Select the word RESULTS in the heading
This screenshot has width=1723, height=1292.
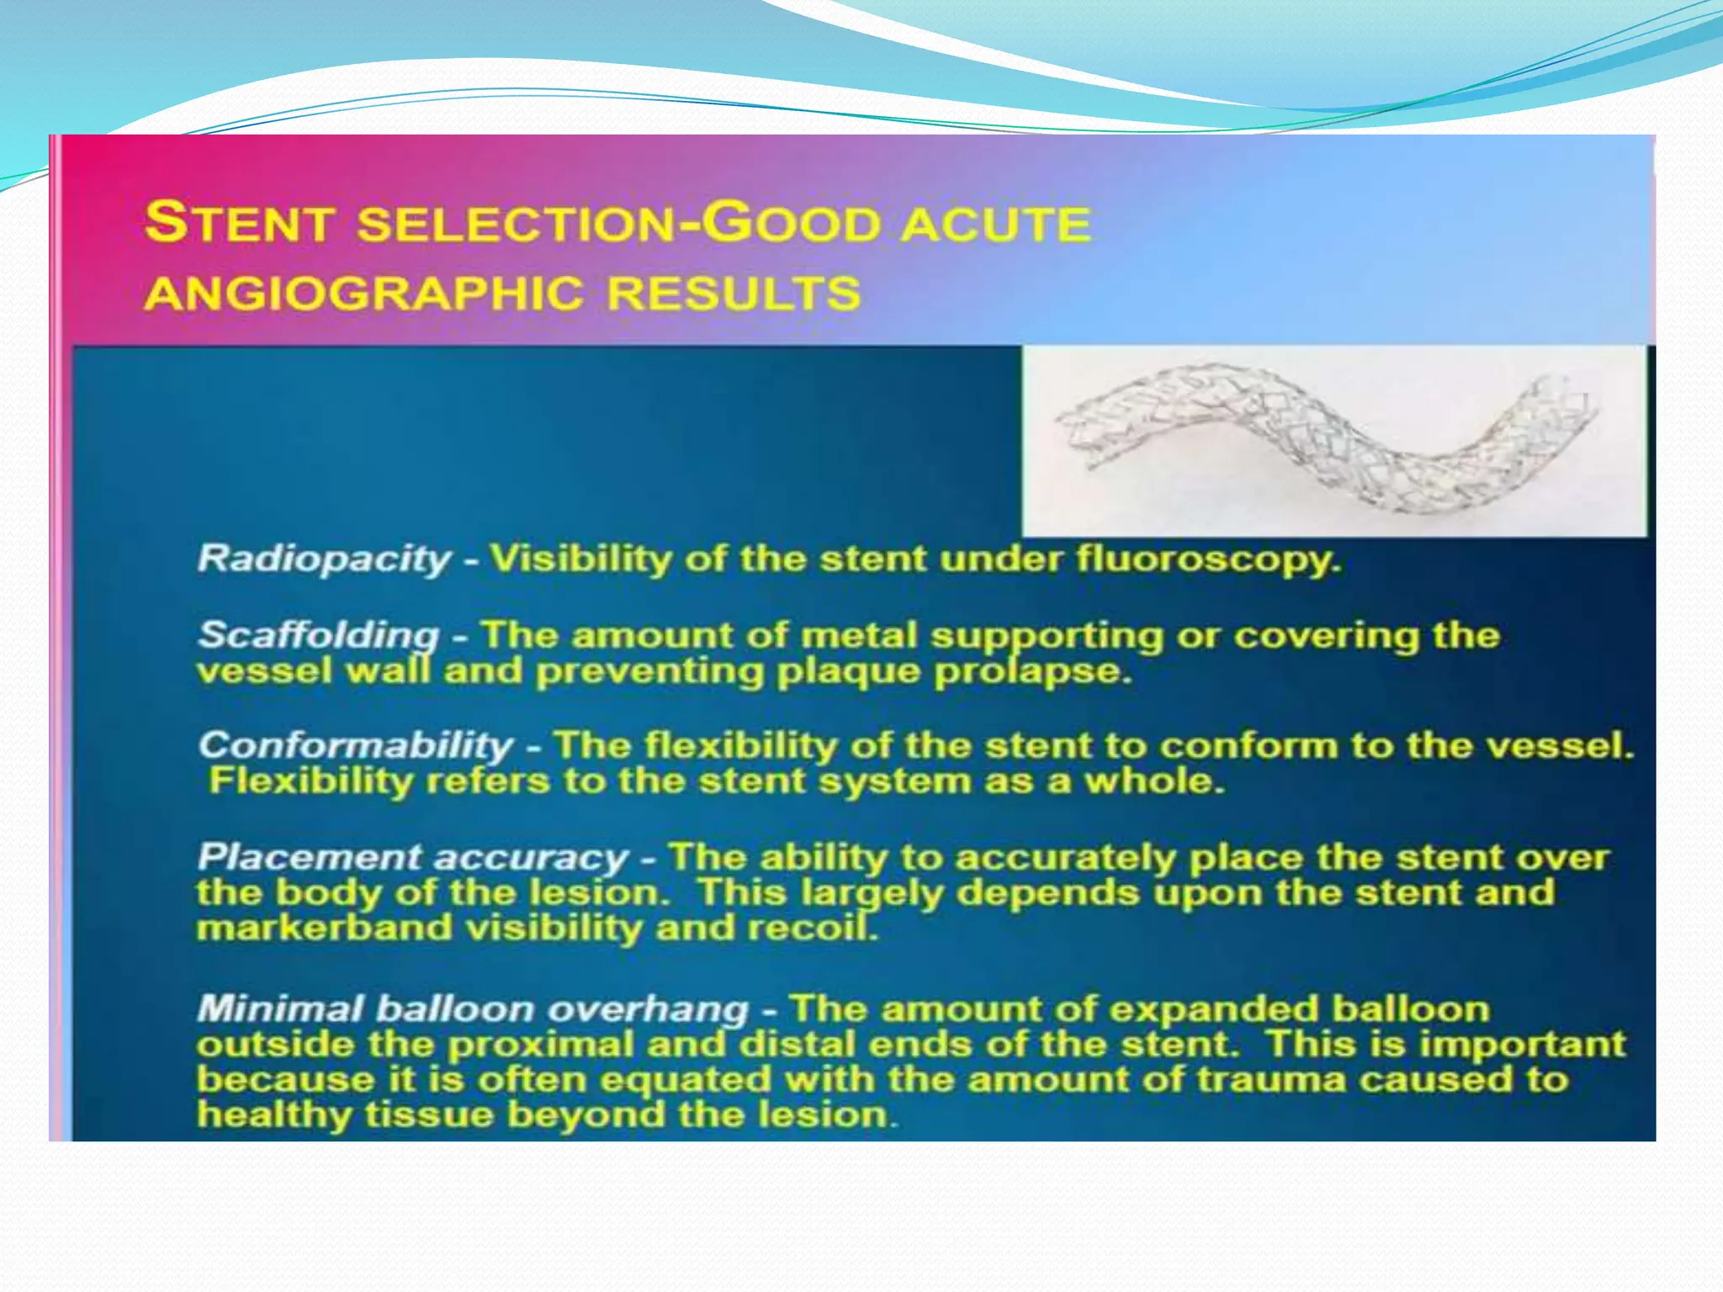[x=734, y=294]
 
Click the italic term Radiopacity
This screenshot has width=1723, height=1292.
[x=325, y=559]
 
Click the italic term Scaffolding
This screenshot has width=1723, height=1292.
[x=319, y=635]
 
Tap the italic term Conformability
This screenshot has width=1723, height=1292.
[x=356, y=746]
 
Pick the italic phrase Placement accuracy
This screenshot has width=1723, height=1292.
[x=413, y=857]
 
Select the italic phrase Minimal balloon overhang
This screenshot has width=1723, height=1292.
[x=472, y=1009]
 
